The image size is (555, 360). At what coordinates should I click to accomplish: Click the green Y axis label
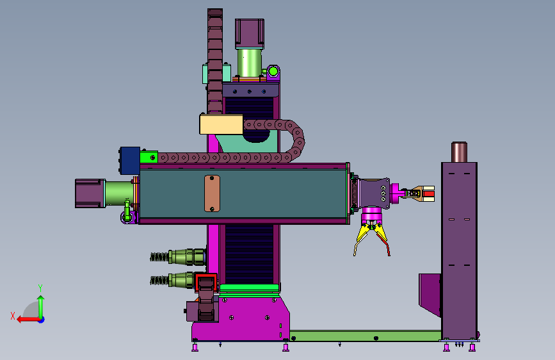(40, 288)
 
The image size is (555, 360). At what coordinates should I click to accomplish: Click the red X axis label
(13, 316)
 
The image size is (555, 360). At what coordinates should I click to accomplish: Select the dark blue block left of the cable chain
(130, 161)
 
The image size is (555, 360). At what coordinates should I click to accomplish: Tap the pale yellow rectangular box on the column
(221, 124)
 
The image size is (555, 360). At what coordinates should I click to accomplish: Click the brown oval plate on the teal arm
(212, 193)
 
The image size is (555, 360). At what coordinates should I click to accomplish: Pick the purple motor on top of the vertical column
(250, 34)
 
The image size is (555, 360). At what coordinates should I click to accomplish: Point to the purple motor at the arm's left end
(90, 193)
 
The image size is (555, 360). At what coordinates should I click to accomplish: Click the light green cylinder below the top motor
(249, 63)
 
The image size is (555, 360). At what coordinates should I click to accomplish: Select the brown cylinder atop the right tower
(459, 152)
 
